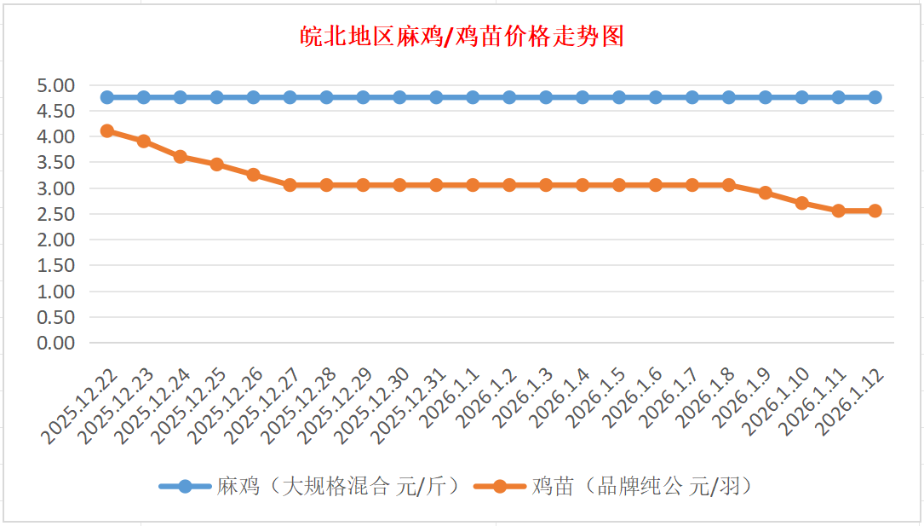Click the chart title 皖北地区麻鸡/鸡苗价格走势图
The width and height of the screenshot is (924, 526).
(x=462, y=37)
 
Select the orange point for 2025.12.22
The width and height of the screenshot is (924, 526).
(x=107, y=130)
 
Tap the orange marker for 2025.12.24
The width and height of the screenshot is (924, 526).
(x=181, y=157)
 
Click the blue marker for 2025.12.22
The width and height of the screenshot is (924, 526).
(x=107, y=97)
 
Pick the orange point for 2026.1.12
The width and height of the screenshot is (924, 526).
(x=875, y=211)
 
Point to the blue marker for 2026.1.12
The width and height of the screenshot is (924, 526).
(x=875, y=97)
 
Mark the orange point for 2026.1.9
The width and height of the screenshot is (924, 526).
(x=765, y=193)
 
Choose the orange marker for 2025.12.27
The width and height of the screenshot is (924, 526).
(x=290, y=185)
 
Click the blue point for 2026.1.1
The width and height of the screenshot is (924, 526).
(x=473, y=97)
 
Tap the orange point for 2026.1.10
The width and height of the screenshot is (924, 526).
(x=801, y=203)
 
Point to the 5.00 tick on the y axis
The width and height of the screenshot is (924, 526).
(x=56, y=85)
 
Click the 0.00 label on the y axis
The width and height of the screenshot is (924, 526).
(x=56, y=343)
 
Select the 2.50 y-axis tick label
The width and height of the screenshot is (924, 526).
(x=56, y=214)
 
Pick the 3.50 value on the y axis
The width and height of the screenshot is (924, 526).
(x=56, y=162)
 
